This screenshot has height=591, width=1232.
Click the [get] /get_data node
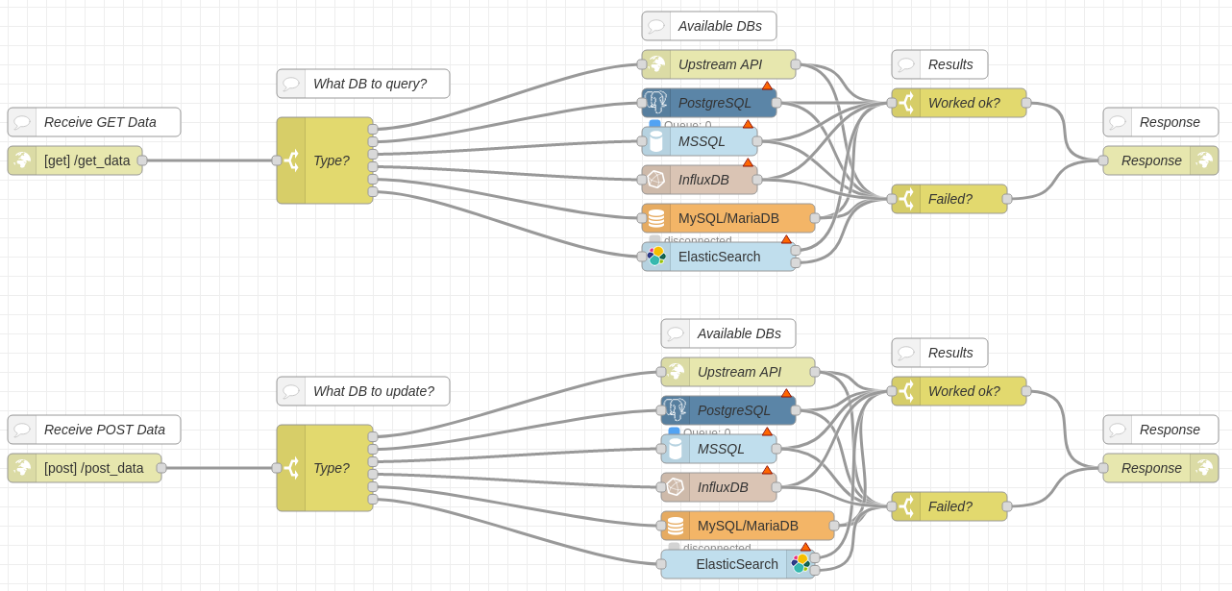tap(75, 160)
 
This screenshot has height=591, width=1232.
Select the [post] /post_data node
tap(85, 468)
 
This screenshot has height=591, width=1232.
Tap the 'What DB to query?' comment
tap(363, 84)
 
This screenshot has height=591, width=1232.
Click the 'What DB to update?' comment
tap(363, 391)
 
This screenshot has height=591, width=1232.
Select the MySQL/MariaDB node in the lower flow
tap(748, 526)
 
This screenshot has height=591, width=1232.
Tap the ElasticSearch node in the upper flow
tap(719, 257)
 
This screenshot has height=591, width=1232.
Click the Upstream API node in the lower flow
tap(738, 372)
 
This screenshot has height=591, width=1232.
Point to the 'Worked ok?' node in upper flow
tap(959, 103)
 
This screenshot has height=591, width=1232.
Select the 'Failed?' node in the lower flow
tap(949, 506)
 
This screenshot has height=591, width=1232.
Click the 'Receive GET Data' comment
tap(94, 122)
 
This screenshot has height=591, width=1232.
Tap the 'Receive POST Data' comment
tap(94, 430)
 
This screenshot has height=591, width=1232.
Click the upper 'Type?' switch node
tap(325, 160)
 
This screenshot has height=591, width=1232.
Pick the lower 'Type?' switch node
tap(325, 468)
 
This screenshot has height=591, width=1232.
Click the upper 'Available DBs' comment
tap(709, 26)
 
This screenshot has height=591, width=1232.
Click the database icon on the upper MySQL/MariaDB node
tap(656, 218)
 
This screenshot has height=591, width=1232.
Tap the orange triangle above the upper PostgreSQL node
tap(767, 86)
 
